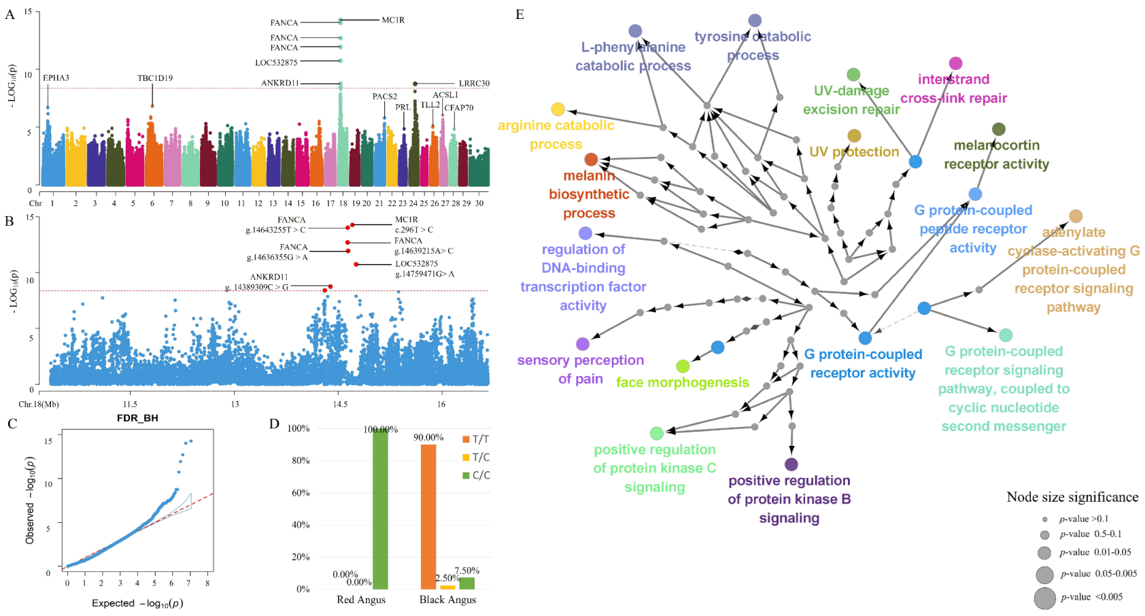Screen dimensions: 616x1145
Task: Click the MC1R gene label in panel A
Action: (x=393, y=20)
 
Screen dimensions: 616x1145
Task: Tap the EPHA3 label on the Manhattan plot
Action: (x=56, y=78)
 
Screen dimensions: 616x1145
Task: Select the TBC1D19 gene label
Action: (x=155, y=78)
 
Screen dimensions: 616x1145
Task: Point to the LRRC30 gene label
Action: (x=474, y=84)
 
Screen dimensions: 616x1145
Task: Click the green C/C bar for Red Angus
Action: (x=380, y=510)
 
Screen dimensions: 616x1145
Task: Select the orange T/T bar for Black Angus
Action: (x=428, y=517)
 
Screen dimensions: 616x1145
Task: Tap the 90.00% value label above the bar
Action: (x=428, y=437)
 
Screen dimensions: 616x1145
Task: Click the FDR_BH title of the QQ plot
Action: (x=137, y=418)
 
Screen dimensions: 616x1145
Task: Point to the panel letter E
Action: (x=519, y=14)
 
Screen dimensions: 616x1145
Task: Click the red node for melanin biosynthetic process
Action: (x=591, y=160)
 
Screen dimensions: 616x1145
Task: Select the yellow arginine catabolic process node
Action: (x=558, y=109)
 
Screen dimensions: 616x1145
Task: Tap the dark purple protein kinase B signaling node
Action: (x=791, y=464)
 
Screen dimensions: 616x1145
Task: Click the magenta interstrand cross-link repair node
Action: (x=955, y=63)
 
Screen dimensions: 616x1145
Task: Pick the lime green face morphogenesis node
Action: (x=683, y=366)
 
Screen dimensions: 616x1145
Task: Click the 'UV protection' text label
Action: (x=854, y=152)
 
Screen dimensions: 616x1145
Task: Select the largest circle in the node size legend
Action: (x=1044, y=598)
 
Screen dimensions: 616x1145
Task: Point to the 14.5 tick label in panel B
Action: (x=340, y=404)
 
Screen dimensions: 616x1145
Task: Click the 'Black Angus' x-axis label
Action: (x=447, y=600)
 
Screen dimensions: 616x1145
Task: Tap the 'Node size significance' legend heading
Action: (x=1072, y=497)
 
